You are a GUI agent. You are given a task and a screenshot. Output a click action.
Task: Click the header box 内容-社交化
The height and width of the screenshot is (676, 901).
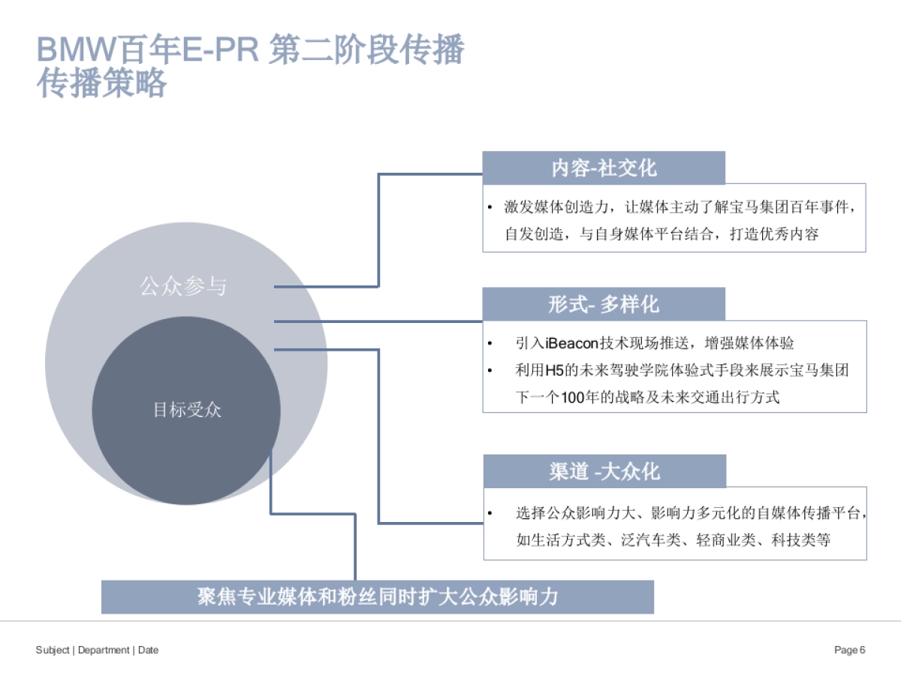(604, 167)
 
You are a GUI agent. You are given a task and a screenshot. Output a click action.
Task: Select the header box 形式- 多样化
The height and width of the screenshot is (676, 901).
(604, 304)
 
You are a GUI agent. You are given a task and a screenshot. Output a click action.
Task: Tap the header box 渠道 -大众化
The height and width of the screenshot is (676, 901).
(604, 471)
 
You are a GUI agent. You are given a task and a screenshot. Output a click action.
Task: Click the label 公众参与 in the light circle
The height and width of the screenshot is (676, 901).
(183, 286)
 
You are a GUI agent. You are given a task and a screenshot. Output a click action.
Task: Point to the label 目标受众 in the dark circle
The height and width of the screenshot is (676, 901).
(187, 410)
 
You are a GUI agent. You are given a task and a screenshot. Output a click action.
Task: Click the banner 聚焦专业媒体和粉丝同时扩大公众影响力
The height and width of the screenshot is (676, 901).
(378, 597)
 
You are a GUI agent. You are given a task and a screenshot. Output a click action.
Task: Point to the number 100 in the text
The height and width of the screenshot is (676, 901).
(574, 397)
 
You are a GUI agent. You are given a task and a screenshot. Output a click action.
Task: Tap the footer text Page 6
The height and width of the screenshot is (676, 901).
(850, 650)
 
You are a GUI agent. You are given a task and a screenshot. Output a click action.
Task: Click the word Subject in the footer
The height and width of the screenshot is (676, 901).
(53, 650)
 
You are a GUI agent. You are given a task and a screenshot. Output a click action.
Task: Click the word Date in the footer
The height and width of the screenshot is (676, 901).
(149, 650)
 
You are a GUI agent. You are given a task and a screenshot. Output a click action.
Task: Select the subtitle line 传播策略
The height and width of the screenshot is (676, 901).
(102, 85)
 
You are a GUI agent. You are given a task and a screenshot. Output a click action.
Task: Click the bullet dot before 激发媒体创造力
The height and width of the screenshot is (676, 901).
(490, 207)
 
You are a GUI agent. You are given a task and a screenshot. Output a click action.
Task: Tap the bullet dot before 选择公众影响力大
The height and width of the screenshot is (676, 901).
(490, 514)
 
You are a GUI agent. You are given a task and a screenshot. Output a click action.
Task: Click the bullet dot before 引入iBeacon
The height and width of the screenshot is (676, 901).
(490, 343)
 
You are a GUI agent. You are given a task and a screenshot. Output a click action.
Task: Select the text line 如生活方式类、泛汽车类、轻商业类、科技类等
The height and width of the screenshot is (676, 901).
(673, 540)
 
